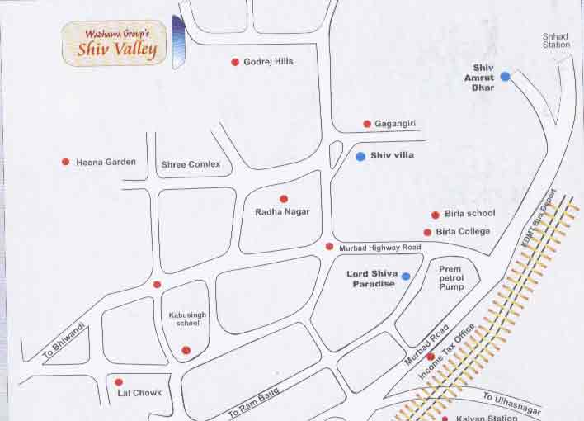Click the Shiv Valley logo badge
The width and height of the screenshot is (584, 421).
(115, 44)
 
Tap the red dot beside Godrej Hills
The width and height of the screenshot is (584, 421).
(235, 62)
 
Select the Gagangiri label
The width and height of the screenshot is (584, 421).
(395, 124)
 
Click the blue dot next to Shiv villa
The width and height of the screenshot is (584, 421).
(360, 155)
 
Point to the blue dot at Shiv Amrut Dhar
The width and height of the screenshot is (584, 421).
(505, 76)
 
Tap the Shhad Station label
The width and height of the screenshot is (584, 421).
(556, 40)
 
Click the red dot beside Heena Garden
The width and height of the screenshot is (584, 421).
(65, 162)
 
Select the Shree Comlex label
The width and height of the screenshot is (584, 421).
(191, 164)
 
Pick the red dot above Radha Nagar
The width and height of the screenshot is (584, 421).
(284, 199)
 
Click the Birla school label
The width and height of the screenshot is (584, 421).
(469, 214)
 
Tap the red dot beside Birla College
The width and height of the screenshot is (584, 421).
(427, 233)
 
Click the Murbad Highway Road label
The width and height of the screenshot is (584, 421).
(379, 248)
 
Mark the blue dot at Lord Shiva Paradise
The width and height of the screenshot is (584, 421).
(406, 276)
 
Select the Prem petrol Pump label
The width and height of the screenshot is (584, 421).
(450, 278)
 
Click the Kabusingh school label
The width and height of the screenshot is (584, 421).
(185, 319)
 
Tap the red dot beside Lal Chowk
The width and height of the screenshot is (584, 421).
(119, 382)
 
